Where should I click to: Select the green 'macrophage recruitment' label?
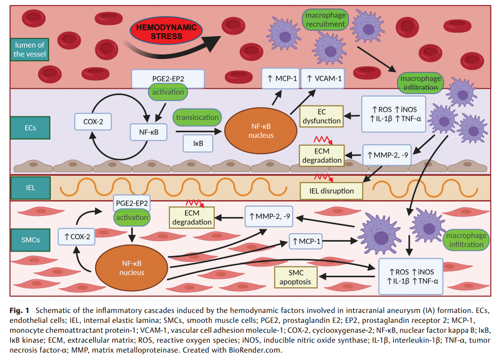(x=325, y=19)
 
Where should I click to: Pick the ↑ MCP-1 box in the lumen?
(x=280, y=79)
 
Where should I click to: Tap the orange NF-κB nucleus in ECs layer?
(x=261, y=130)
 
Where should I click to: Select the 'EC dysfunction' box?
(x=321, y=115)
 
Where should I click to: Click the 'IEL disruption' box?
(x=331, y=191)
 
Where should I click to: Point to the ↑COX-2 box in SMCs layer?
(x=77, y=237)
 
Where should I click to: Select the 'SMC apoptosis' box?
(x=296, y=277)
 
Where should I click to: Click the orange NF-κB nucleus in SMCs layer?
(x=132, y=267)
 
